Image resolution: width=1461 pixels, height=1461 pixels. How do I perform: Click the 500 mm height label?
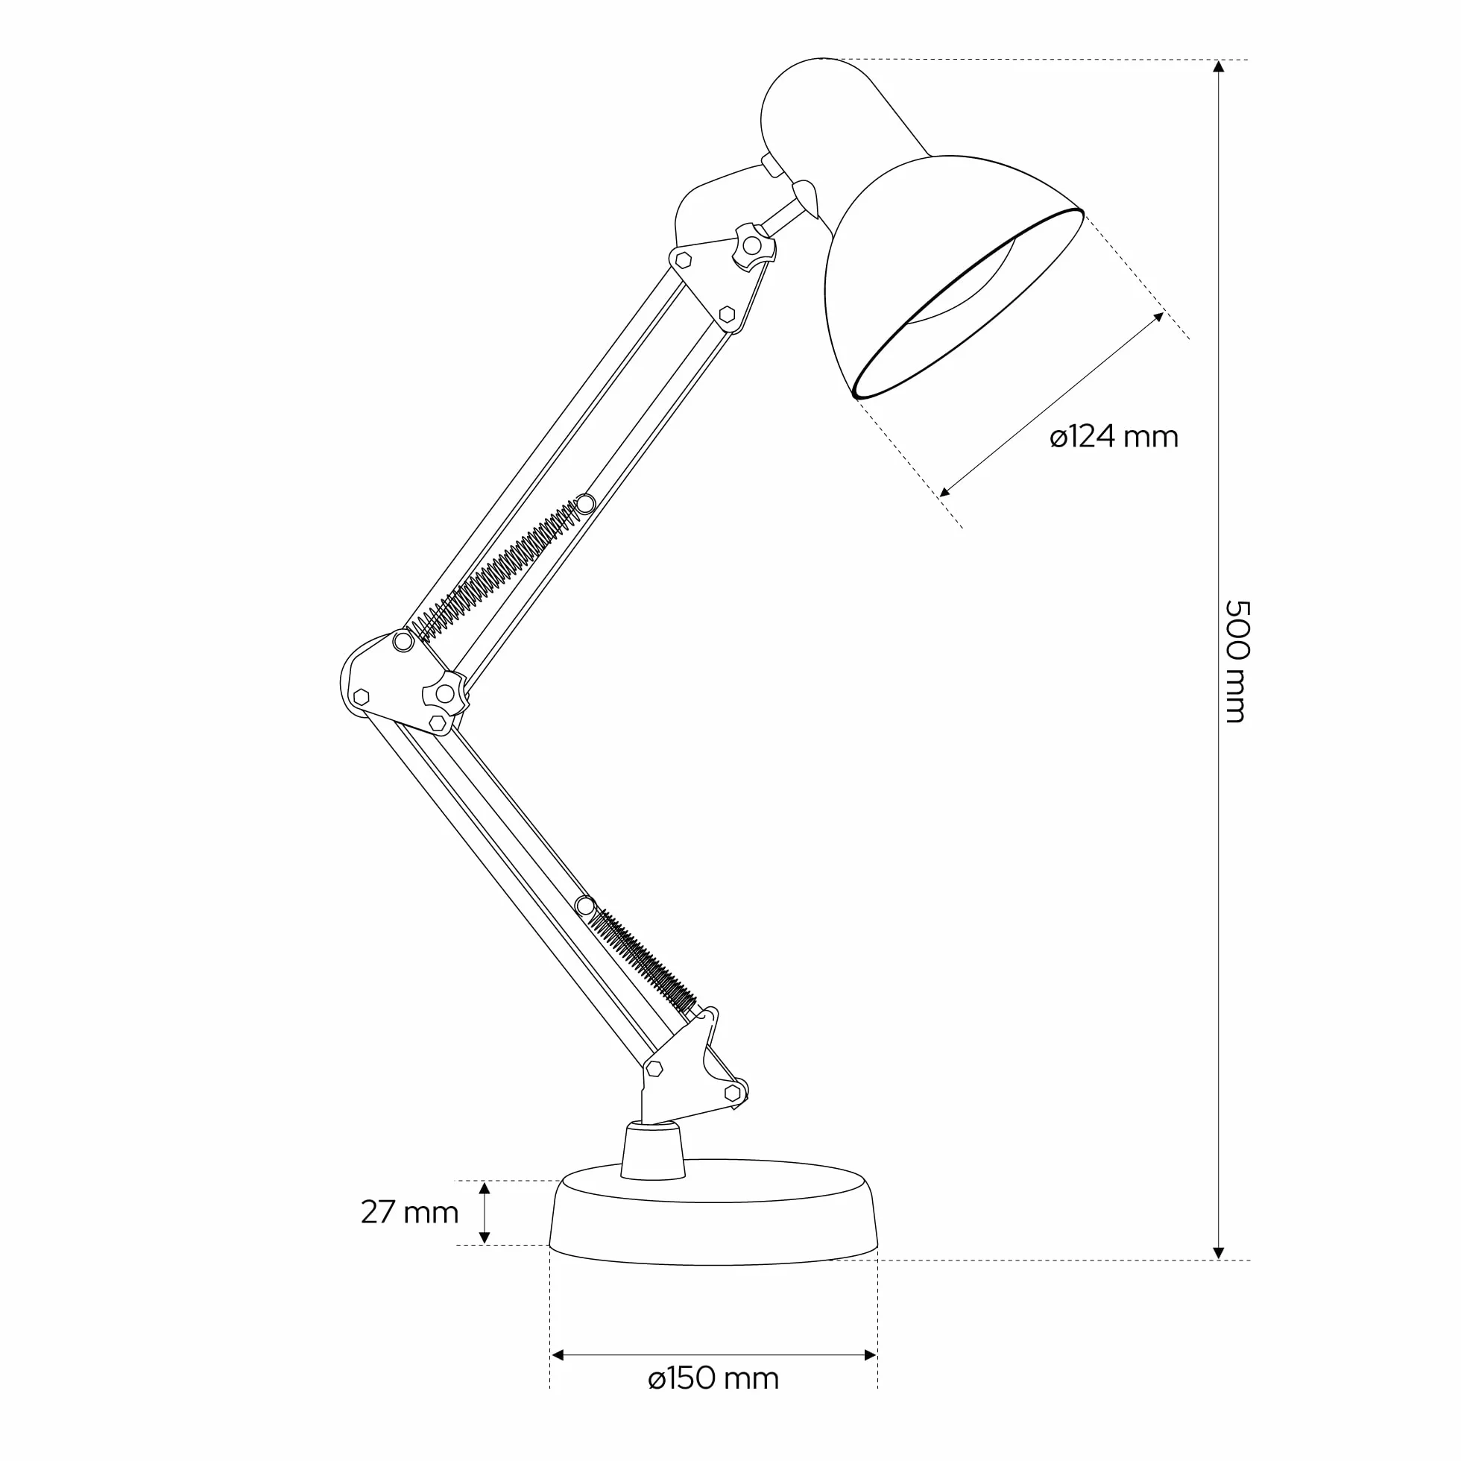(x=1235, y=661)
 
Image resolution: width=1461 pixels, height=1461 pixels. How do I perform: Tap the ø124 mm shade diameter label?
(x=1114, y=437)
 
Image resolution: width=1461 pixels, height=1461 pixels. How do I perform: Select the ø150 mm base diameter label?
(x=713, y=1378)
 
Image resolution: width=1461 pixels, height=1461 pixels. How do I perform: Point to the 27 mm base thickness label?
(x=410, y=1212)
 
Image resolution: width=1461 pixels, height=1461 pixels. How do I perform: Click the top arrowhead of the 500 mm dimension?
(x=1218, y=66)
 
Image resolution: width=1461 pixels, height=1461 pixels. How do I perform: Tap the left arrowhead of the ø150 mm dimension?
(x=558, y=1355)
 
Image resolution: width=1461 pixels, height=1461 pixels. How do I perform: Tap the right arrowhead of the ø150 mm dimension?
(x=871, y=1355)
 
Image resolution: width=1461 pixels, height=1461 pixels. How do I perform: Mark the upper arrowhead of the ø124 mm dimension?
(x=1158, y=317)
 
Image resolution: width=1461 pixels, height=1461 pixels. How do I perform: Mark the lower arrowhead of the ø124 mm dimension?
(x=945, y=491)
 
